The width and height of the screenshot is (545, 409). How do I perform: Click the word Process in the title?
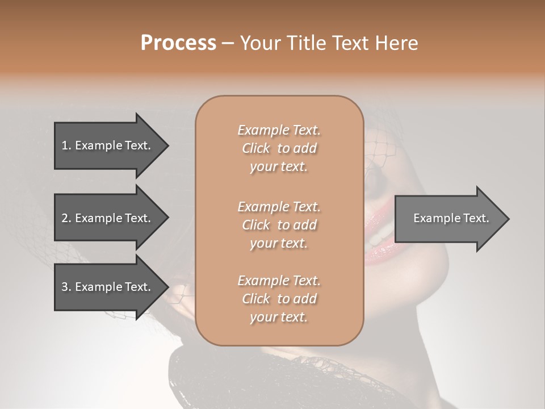[178, 43]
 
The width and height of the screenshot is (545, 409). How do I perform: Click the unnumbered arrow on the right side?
[448, 218]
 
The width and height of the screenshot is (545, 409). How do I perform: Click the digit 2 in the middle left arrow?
[65, 218]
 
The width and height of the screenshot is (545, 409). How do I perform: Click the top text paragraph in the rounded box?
[279, 148]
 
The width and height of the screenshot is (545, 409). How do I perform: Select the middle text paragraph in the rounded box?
[279, 225]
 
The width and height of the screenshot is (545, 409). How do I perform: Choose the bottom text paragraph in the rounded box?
[279, 299]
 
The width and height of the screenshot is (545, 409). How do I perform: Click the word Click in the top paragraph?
[256, 148]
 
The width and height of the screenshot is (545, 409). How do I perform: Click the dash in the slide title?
[228, 44]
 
